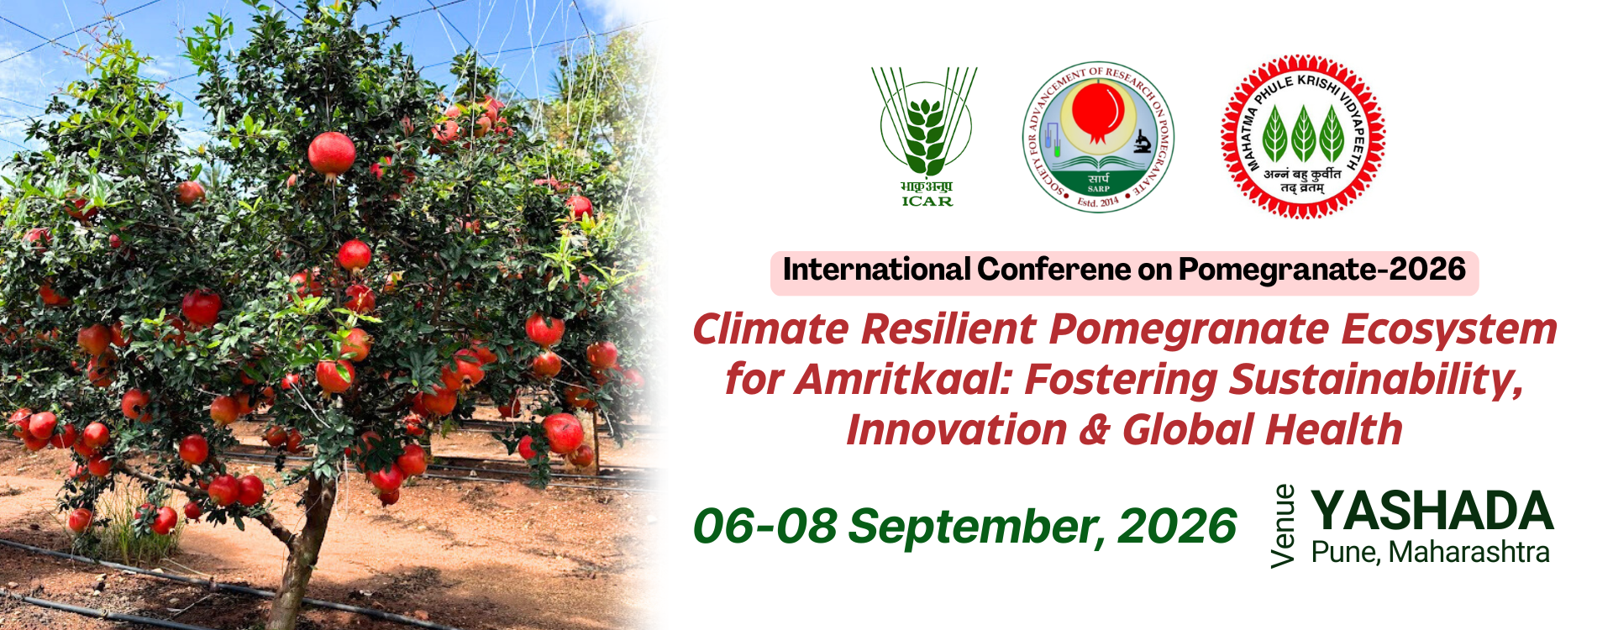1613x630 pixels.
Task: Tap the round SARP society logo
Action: [1098, 137]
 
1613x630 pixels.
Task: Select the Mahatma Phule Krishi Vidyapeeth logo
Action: [1302, 137]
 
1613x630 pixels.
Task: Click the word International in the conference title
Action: [877, 270]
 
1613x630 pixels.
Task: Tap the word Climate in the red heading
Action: [770, 329]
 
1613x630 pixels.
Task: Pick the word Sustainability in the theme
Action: [1375, 381]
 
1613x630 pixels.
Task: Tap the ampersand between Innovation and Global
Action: [1095, 430]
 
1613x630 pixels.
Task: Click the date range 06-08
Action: [764, 527]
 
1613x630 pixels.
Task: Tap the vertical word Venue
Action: [1284, 527]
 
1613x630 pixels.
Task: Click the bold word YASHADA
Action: [1432, 511]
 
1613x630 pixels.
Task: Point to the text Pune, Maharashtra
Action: [1430, 553]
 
